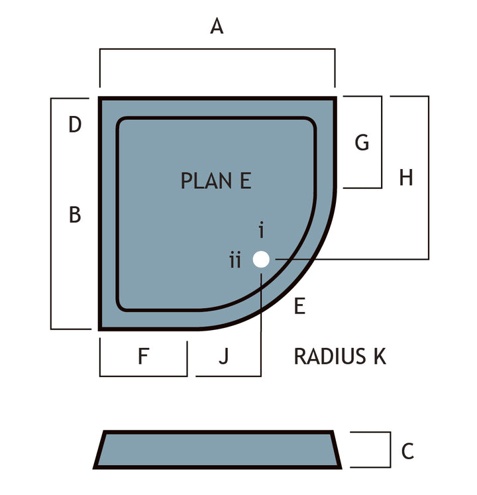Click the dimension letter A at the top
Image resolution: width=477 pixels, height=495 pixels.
coord(217,26)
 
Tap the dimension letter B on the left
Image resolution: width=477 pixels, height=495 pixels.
coord(75,215)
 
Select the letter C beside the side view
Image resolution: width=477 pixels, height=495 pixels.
coord(407,451)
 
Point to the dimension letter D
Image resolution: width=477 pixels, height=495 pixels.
coord(75,125)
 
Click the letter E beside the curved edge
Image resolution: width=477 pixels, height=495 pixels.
coord(299,306)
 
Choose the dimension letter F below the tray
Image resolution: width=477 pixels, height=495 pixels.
coord(144,356)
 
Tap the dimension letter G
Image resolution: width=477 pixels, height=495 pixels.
coord(362,142)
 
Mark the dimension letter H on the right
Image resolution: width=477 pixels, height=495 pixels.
coord(406,178)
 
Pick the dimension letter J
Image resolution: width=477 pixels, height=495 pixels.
coord(224,357)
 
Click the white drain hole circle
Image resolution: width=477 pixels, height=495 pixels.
coord(261,259)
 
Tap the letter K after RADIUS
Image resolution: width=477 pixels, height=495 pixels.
coord(380,357)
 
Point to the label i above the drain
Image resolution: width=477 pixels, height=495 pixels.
coord(262,230)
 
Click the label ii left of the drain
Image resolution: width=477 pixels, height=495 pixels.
coord(235,260)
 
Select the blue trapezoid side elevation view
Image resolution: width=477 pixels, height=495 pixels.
coord(217,449)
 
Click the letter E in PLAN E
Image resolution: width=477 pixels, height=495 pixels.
coord(246,181)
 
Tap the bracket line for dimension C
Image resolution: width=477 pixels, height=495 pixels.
coord(390,449)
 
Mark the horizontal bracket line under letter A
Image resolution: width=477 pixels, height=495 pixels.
coord(217,49)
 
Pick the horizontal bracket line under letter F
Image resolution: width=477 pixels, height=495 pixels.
coord(144,376)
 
